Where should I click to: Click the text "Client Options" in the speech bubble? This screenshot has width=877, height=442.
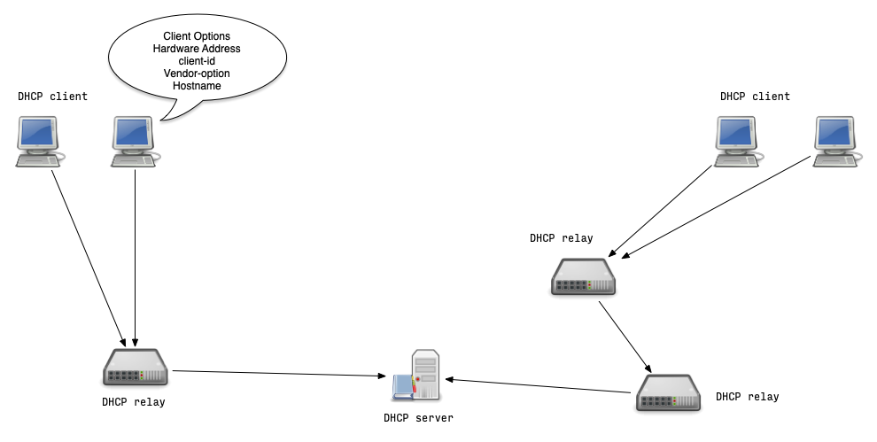(x=196, y=35)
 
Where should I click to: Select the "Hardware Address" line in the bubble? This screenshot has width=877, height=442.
(x=196, y=49)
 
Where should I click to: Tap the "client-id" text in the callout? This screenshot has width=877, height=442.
(x=196, y=61)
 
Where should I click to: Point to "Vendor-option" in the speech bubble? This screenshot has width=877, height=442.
(x=196, y=74)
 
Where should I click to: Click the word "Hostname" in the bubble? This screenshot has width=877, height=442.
(x=196, y=86)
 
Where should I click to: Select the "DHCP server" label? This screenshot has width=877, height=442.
(x=417, y=418)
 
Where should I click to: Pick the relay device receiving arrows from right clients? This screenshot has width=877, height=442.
(x=583, y=276)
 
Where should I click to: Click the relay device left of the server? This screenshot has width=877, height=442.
(x=135, y=367)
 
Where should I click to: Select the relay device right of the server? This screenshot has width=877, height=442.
(x=668, y=392)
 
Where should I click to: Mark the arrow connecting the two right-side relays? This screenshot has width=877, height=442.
(x=625, y=336)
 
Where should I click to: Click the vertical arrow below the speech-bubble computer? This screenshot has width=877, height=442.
(x=135, y=257)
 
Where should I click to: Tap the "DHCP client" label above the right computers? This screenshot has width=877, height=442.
(x=754, y=97)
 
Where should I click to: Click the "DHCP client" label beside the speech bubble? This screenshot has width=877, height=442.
(x=52, y=97)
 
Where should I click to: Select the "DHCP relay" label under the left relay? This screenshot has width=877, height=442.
(x=133, y=402)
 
